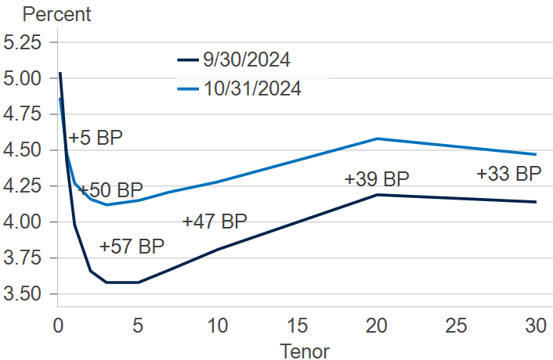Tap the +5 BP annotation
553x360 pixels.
(x=96, y=139)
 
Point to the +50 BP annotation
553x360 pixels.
(x=110, y=190)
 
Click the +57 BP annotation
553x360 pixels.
(x=132, y=247)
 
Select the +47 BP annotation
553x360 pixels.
(x=215, y=221)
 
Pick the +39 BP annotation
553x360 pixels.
(x=377, y=179)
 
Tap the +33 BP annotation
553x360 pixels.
(x=509, y=174)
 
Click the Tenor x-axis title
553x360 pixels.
(x=305, y=351)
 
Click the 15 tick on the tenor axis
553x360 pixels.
(x=297, y=325)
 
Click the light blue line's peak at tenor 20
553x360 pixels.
(x=377, y=139)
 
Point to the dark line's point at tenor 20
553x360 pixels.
(x=377, y=194)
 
